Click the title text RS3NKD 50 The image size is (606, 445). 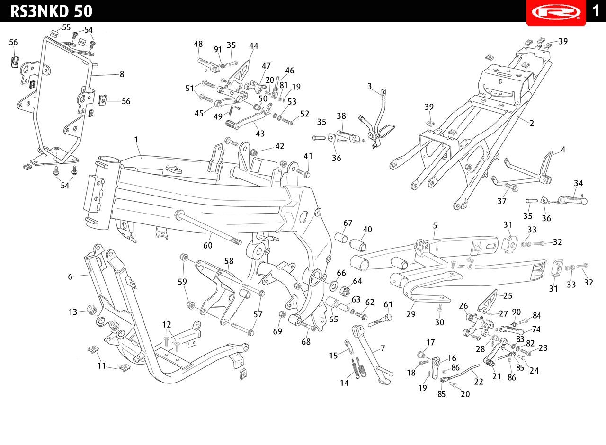pos(51,11)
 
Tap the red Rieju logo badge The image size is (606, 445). pos(556,12)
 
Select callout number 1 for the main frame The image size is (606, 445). pos(136,140)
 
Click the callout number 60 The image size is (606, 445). pos(208,245)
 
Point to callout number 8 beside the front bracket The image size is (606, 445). pos(122,74)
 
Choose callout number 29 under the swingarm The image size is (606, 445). pos(410,314)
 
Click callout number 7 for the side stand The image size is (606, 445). pos(383,348)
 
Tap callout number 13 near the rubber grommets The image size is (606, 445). pos(73,312)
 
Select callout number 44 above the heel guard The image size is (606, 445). pos(253,46)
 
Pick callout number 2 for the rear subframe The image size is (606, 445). pos(532,124)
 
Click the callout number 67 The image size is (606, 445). pos(348,223)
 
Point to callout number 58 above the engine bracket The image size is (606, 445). pos(229,261)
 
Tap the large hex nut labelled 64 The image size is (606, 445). pos(345,291)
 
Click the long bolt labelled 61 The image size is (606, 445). pos(380,320)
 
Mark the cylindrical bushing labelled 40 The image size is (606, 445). pos(358,245)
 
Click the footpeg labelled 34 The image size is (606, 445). pos(572,200)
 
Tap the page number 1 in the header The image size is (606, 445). pos(596,11)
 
